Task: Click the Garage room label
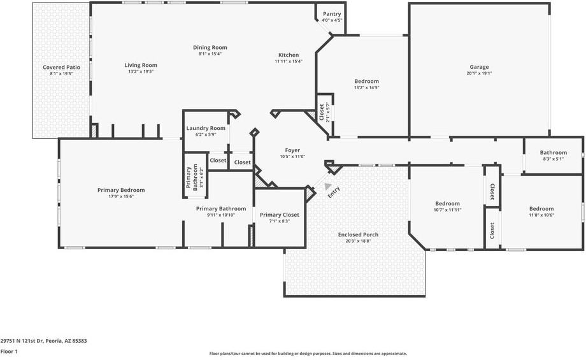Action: click(479, 67)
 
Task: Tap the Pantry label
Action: click(332, 14)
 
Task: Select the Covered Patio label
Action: click(61, 68)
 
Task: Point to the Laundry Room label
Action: click(206, 128)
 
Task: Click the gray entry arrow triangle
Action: click(327, 186)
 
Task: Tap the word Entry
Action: click(334, 192)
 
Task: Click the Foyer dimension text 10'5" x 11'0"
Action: click(292, 157)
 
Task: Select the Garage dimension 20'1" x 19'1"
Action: click(479, 73)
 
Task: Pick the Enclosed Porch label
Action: click(358, 234)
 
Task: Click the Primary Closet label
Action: click(280, 215)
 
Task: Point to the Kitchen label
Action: click(289, 55)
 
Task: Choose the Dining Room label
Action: click(210, 48)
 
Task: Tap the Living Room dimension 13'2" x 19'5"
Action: click(141, 71)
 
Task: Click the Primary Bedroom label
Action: click(121, 191)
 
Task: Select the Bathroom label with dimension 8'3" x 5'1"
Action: click(554, 152)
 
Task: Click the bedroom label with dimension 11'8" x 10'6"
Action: click(541, 209)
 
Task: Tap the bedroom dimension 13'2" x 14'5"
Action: click(367, 87)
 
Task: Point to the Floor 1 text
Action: click(9, 352)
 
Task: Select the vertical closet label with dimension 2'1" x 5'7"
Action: click(322, 112)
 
